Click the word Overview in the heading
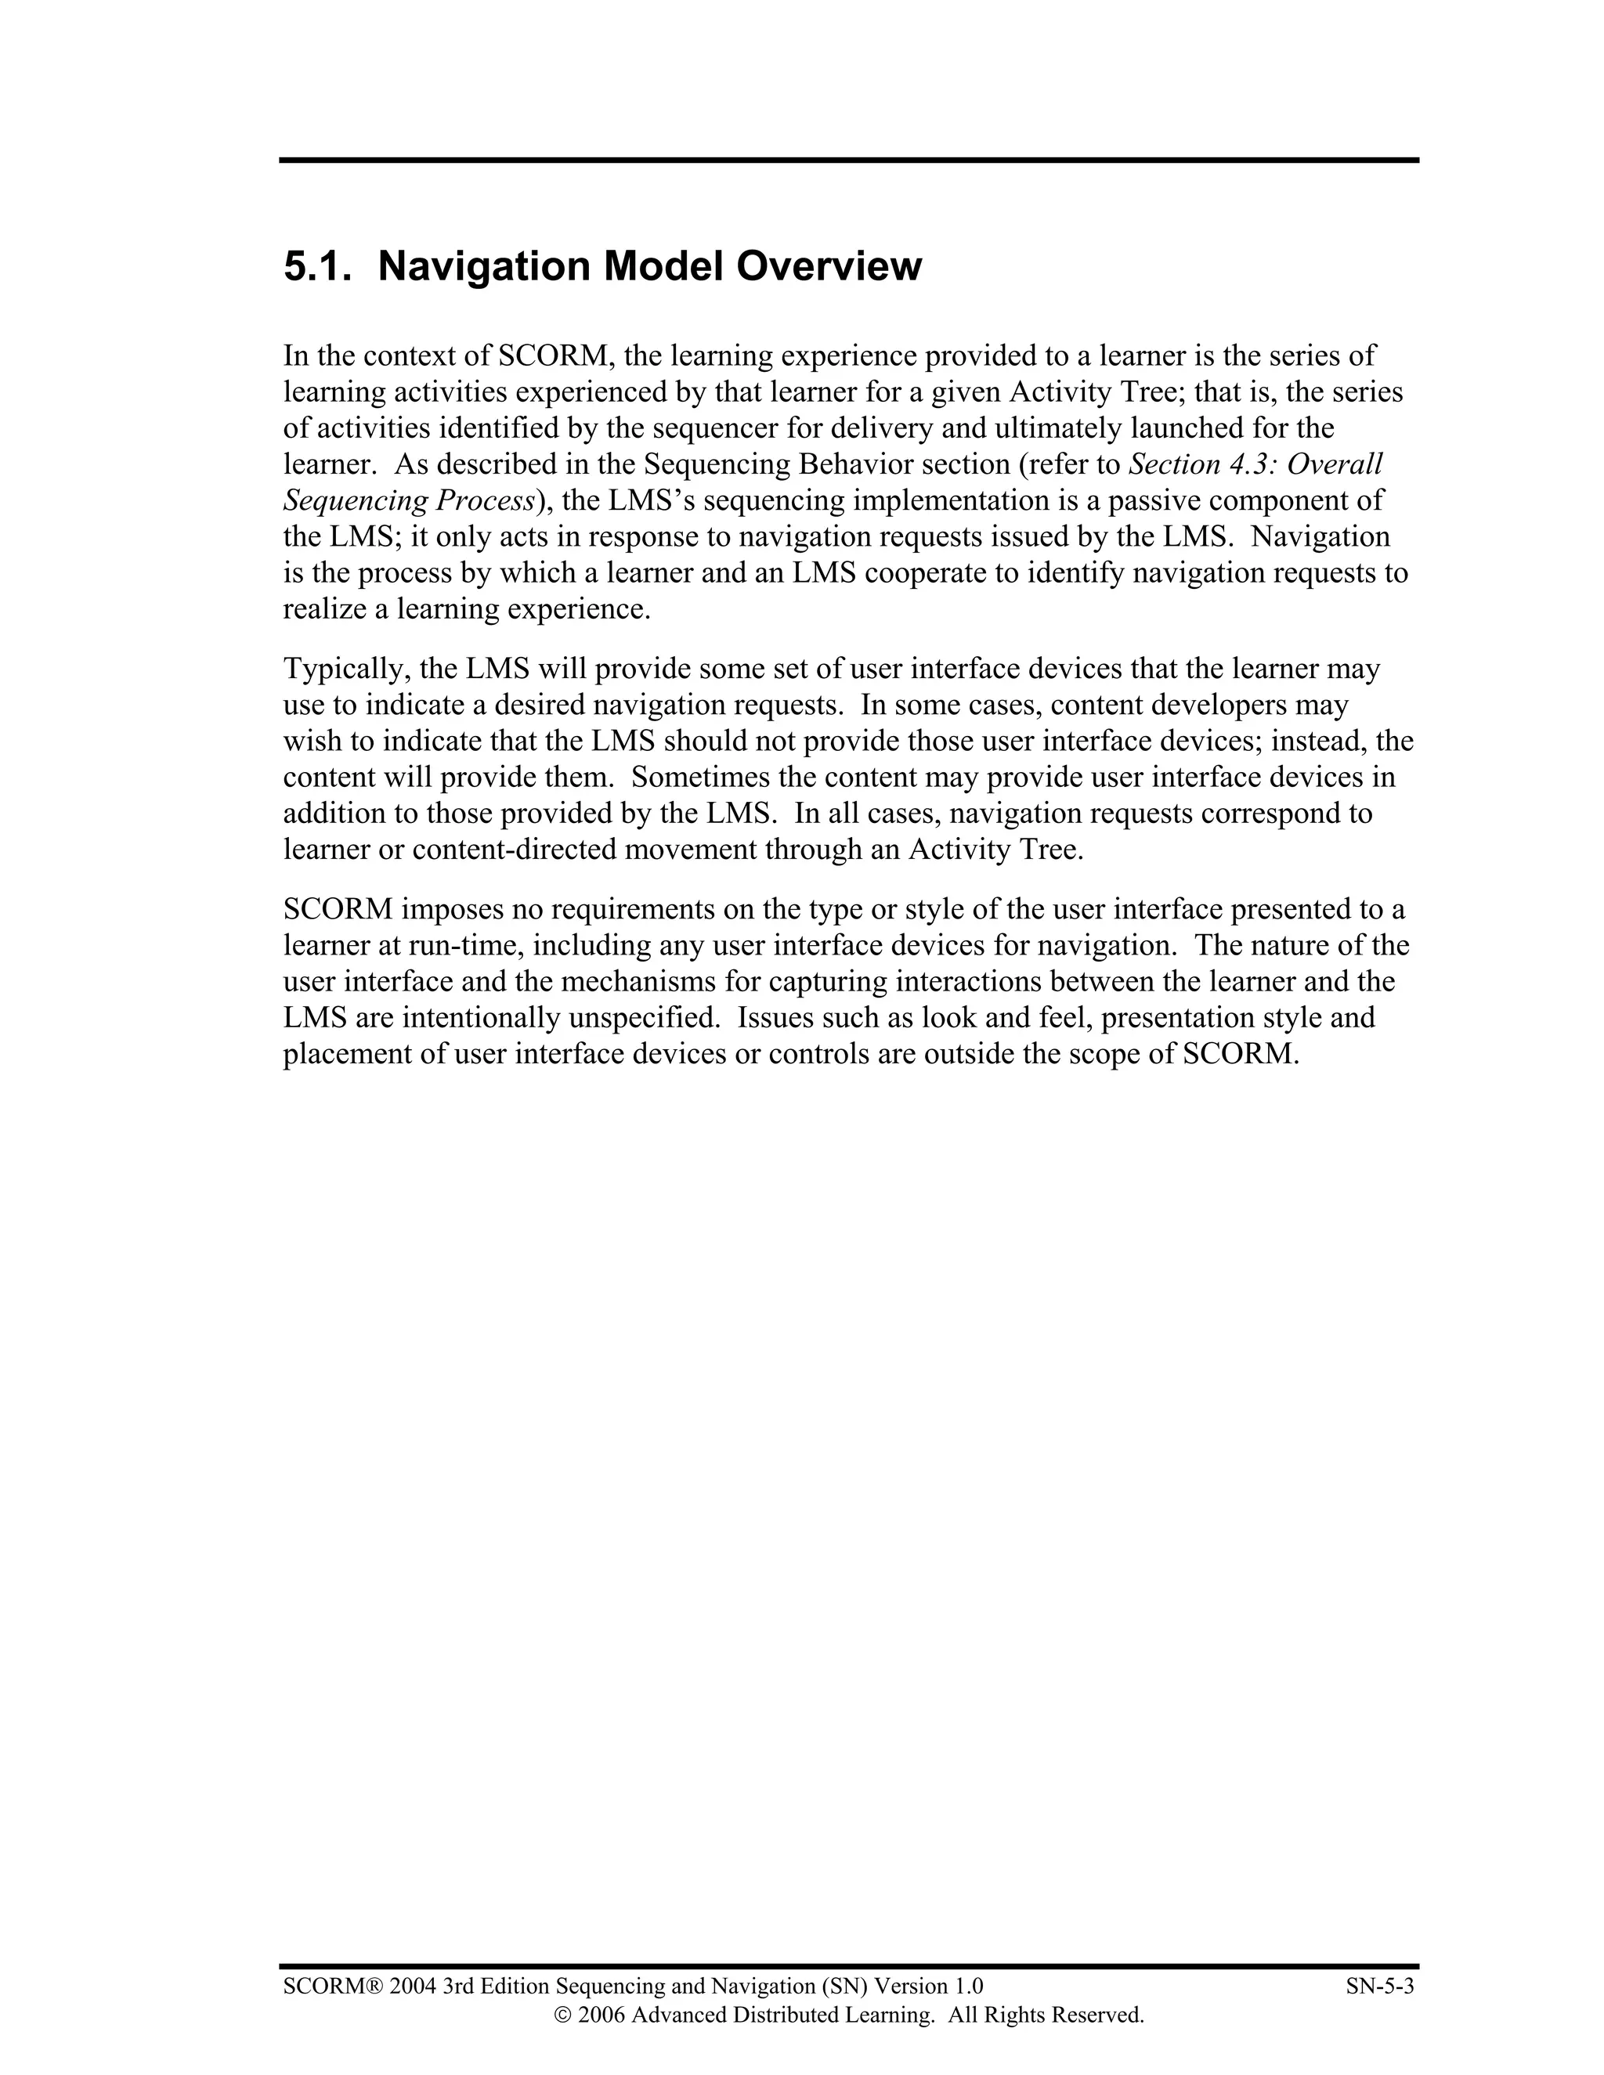[x=829, y=267]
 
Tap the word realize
[x=324, y=609]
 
